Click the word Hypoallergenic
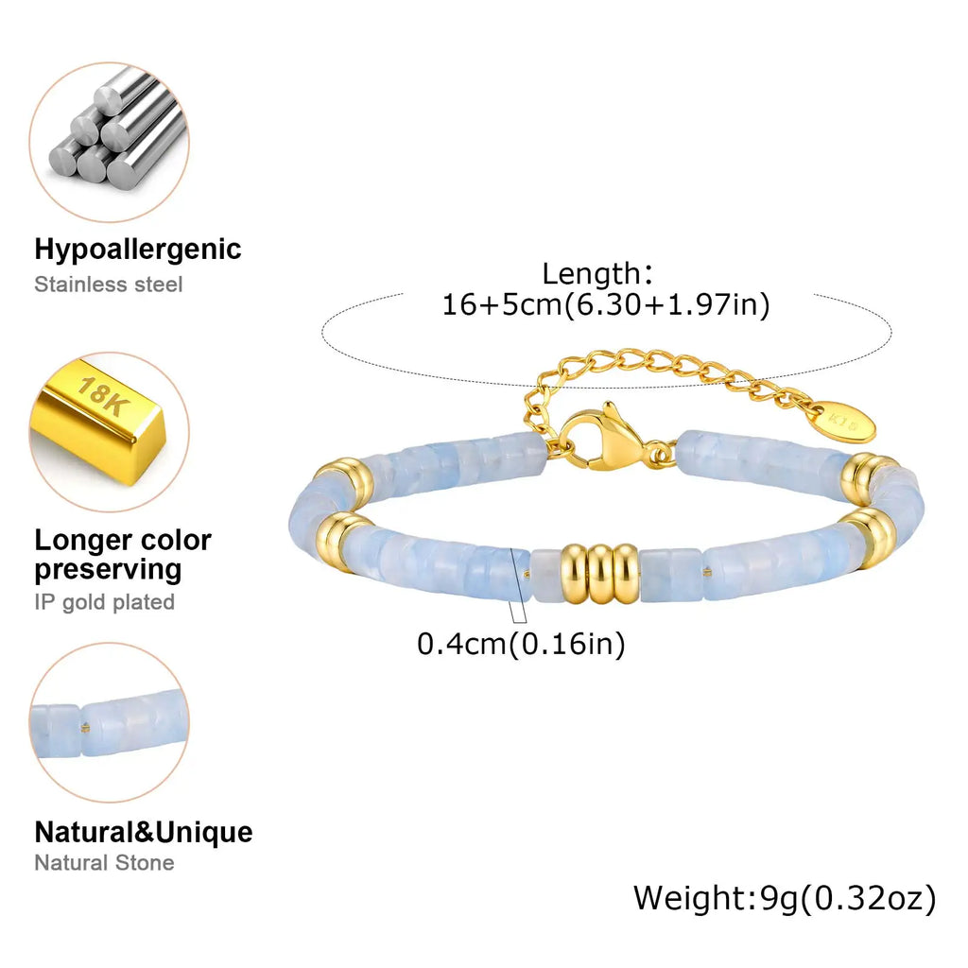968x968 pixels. pos(138,250)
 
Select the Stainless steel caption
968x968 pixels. pos(108,285)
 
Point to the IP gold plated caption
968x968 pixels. pos(104,602)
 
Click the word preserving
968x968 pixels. pos(108,570)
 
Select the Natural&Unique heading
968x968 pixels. pos(144,832)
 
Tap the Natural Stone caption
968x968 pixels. pos(104,862)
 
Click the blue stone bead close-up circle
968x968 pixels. pos(110,722)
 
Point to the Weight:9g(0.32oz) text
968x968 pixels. pos(785,899)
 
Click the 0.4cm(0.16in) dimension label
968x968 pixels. pos(521,644)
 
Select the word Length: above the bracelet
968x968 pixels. pos(597,273)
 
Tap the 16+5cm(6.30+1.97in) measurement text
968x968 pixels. pos(606,304)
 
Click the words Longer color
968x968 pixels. pos(123,540)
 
